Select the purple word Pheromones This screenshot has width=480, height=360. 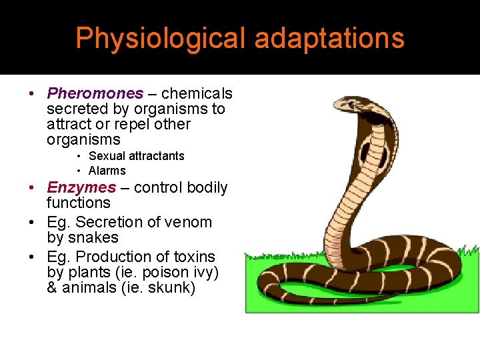tap(95, 93)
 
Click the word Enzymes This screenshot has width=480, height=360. tap(81, 187)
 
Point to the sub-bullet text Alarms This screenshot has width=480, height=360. tap(107, 171)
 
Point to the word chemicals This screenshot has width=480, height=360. tap(197, 93)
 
